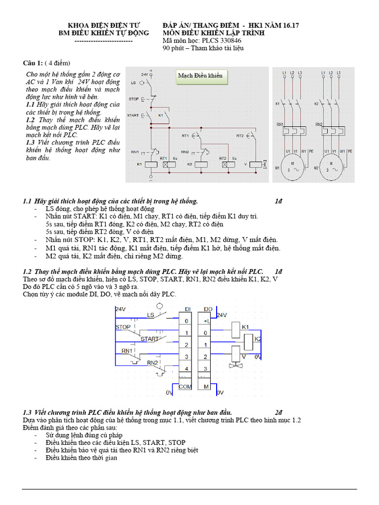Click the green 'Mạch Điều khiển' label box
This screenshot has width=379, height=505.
tap(200, 75)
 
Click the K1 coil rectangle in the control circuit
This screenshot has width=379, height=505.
tap(151, 163)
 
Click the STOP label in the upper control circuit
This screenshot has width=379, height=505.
tap(133, 99)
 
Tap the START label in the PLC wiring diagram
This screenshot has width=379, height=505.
tap(151, 339)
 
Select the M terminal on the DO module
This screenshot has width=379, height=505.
tap(206, 387)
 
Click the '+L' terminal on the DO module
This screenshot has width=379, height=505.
tap(207, 321)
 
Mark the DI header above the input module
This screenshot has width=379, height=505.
tap(188, 309)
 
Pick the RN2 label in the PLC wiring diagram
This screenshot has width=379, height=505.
tap(152, 363)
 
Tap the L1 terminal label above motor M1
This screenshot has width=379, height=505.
tap(284, 73)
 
